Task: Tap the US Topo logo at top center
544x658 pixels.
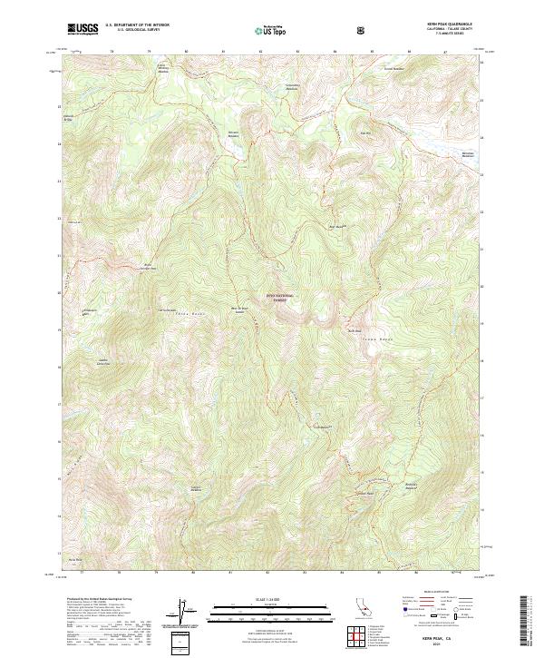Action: (273, 29)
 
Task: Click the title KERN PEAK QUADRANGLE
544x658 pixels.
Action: (444, 24)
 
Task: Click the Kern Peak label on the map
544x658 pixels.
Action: (355, 330)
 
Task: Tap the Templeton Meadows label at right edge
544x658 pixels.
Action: (468, 153)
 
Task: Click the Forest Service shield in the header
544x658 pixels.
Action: (363, 29)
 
